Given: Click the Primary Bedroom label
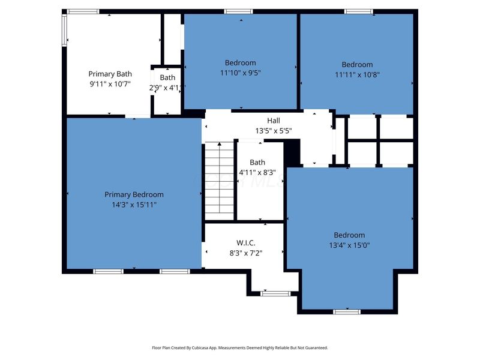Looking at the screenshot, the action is click(x=134, y=194).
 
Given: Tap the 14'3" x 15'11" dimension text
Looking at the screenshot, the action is click(x=134, y=205).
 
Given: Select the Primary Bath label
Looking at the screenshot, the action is click(x=110, y=74).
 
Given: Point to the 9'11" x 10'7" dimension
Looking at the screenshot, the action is click(x=110, y=84).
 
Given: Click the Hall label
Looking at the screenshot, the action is click(x=274, y=121).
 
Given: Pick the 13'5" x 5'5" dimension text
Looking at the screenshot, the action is click(x=274, y=131).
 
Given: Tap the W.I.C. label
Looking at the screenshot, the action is click(x=246, y=243).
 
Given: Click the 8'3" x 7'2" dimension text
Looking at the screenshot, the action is click(x=246, y=253).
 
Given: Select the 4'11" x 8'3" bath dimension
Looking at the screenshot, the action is click(x=257, y=172).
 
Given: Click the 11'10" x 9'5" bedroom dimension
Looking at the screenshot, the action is click(x=241, y=73).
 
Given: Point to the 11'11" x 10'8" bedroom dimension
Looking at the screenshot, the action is click(x=357, y=74).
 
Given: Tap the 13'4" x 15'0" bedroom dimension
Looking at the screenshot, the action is click(x=349, y=245).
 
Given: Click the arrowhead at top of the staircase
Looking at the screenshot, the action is click(x=220, y=143).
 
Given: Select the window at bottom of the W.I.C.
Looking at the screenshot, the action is click(x=275, y=294).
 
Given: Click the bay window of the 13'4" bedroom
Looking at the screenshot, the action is click(x=347, y=312).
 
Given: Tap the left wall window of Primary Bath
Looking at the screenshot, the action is click(x=64, y=31).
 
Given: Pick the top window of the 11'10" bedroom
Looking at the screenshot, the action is click(x=238, y=11).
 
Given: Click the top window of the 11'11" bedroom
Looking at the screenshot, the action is click(x=358, y=11).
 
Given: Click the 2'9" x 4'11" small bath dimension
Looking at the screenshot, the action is click(x=167, y=88).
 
